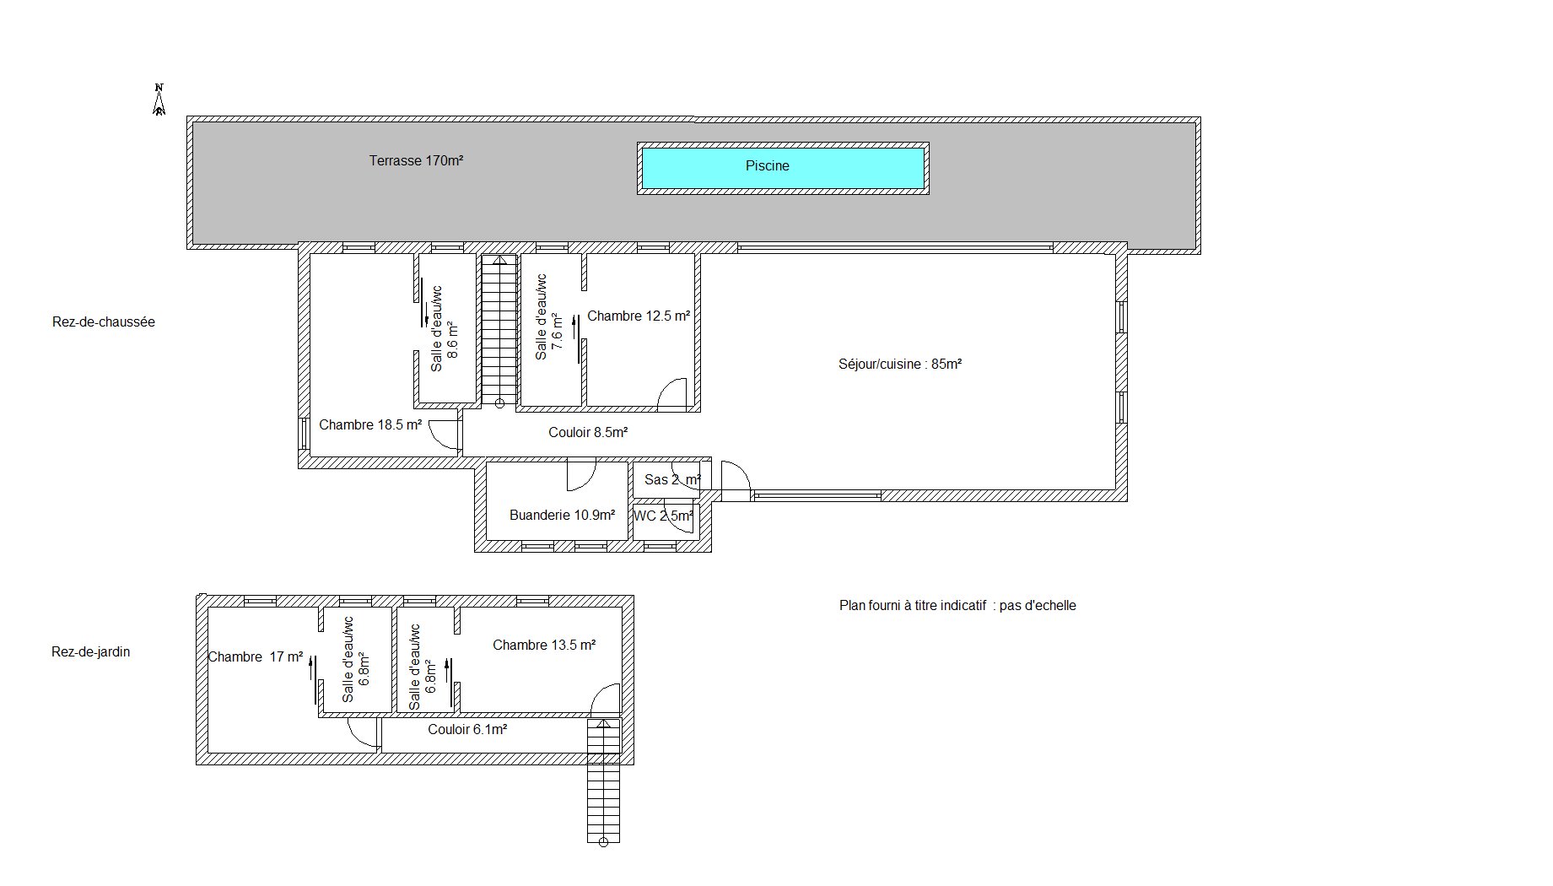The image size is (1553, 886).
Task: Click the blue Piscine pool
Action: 783,168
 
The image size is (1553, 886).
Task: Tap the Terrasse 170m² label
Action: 416,160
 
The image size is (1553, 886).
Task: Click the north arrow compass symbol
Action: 159,100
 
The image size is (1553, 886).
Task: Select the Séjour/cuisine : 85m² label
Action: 900,365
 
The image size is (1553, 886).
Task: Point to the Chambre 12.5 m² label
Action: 639,316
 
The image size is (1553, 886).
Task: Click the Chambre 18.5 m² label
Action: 370,425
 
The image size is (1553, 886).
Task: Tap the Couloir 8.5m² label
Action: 588,433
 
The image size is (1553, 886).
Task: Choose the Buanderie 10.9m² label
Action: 562,516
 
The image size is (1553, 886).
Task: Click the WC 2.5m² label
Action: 664,516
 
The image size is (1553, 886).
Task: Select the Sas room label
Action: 672,480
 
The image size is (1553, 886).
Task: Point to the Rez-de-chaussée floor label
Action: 104,322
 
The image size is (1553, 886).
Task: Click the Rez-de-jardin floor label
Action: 91,652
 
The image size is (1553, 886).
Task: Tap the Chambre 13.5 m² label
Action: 544,646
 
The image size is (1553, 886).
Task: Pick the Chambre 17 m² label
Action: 256,657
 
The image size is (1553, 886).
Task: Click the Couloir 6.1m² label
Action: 467,730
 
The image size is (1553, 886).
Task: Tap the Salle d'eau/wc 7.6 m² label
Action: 548,317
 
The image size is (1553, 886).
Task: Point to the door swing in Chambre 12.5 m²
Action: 672,394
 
